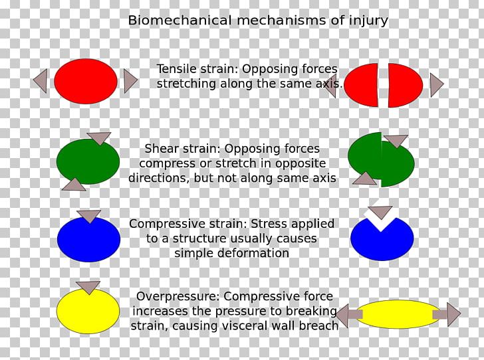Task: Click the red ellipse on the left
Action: click(x=85, y=81)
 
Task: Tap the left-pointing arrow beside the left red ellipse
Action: click(x=41, y=81)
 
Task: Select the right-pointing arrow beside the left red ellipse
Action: click(x=130, y=81)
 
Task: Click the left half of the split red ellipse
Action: click(x=362, y=85)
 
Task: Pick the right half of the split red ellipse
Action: click(x=405, y=85)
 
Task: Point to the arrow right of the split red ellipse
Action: click(x=436, y=85)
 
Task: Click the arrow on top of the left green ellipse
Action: click(x=99, y=138)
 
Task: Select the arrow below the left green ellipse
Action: click(x=74, y=185)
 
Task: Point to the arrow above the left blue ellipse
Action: click(x=88, y=216)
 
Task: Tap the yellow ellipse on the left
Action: click(x=88, y=312)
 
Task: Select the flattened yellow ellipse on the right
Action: click(x=398, y=314)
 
